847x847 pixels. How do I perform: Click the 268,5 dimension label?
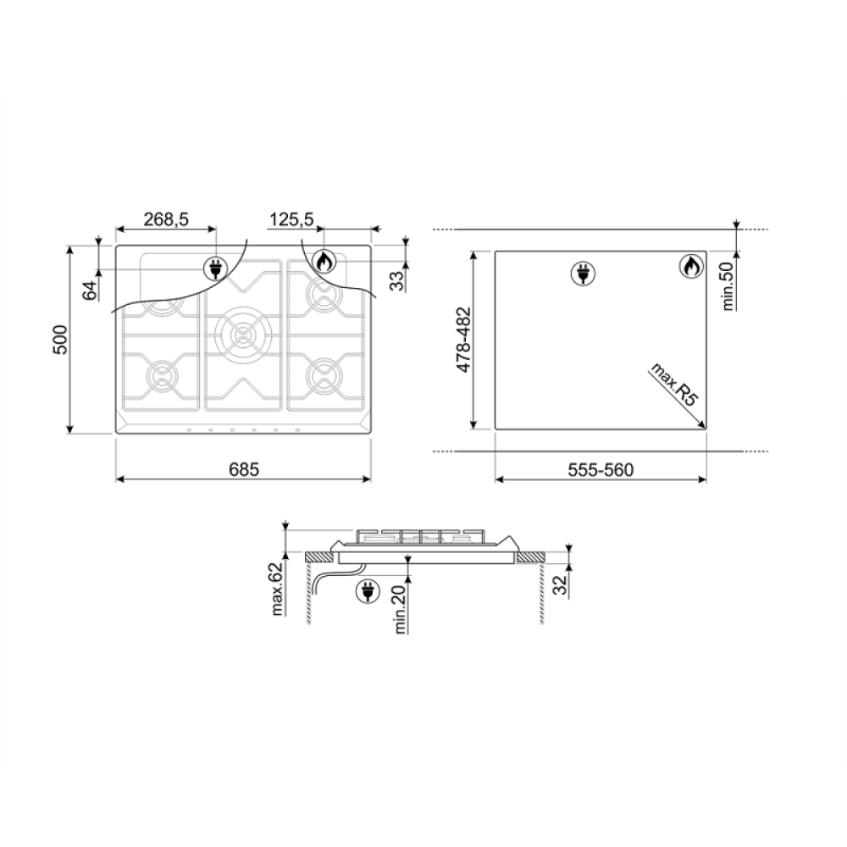point(166,219)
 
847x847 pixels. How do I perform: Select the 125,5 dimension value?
point(291,219)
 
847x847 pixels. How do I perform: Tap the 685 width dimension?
point(244,469)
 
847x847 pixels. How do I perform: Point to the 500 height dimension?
point(60,340)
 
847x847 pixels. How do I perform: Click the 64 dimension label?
point(90,290)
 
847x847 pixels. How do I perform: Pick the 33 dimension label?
point(397,281)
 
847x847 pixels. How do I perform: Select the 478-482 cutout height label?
point(464,340)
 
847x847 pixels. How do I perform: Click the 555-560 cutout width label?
point(601,470)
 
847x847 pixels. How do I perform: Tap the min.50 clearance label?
point(728,285)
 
